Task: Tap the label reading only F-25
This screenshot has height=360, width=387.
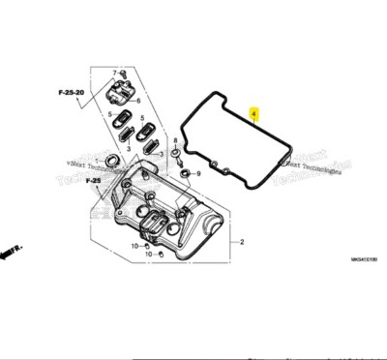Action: click(x=93, y=181)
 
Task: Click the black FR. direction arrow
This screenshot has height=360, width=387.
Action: click(x=11, y=252)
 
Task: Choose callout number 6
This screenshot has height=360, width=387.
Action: click(x=138, y=101)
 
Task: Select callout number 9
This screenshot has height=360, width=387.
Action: click(x=198, y=173)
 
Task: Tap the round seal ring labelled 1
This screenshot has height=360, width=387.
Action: click(x=113, y=158)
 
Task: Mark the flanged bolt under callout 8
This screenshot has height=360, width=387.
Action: click(x=174, y=155)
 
